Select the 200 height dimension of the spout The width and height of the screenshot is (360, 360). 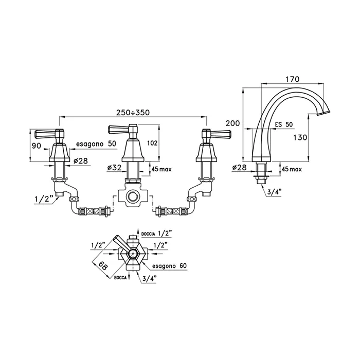coord(232,124)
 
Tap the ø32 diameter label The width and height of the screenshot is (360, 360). coord(114,168)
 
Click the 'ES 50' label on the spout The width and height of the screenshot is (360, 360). coord(283,125)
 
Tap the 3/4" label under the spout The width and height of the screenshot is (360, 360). coord(274,193)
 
